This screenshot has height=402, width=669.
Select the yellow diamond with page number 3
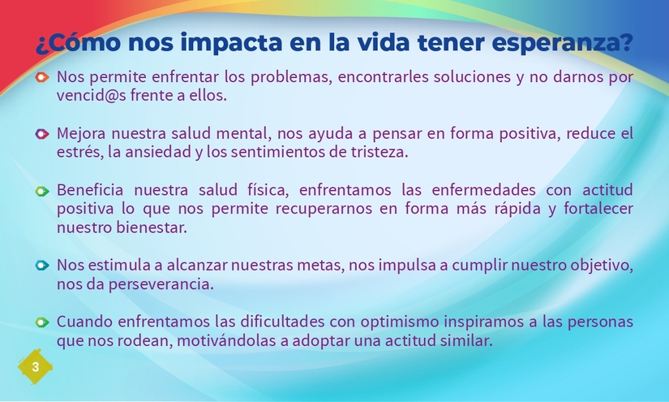35,368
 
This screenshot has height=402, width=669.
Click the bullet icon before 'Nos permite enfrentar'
42,78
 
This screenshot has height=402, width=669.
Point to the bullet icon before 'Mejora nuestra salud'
42,134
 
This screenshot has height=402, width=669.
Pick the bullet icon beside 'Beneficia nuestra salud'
42,191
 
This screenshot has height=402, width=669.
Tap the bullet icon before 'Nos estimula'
42,266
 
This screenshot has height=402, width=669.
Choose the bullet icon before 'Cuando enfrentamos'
42,322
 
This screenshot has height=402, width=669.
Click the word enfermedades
486,190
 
